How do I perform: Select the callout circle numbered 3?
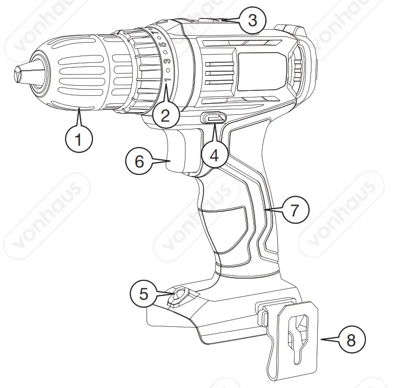pyautogui.click(x=252, y=21)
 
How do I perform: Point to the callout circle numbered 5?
pyautogui.click(x=145, y=294)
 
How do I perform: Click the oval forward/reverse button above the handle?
pyautogui.click(x=214, y=118)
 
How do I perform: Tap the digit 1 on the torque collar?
pyautogui.click(x=166, y=81)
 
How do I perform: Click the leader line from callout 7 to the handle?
pyautogui.click(x=274, y=210)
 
